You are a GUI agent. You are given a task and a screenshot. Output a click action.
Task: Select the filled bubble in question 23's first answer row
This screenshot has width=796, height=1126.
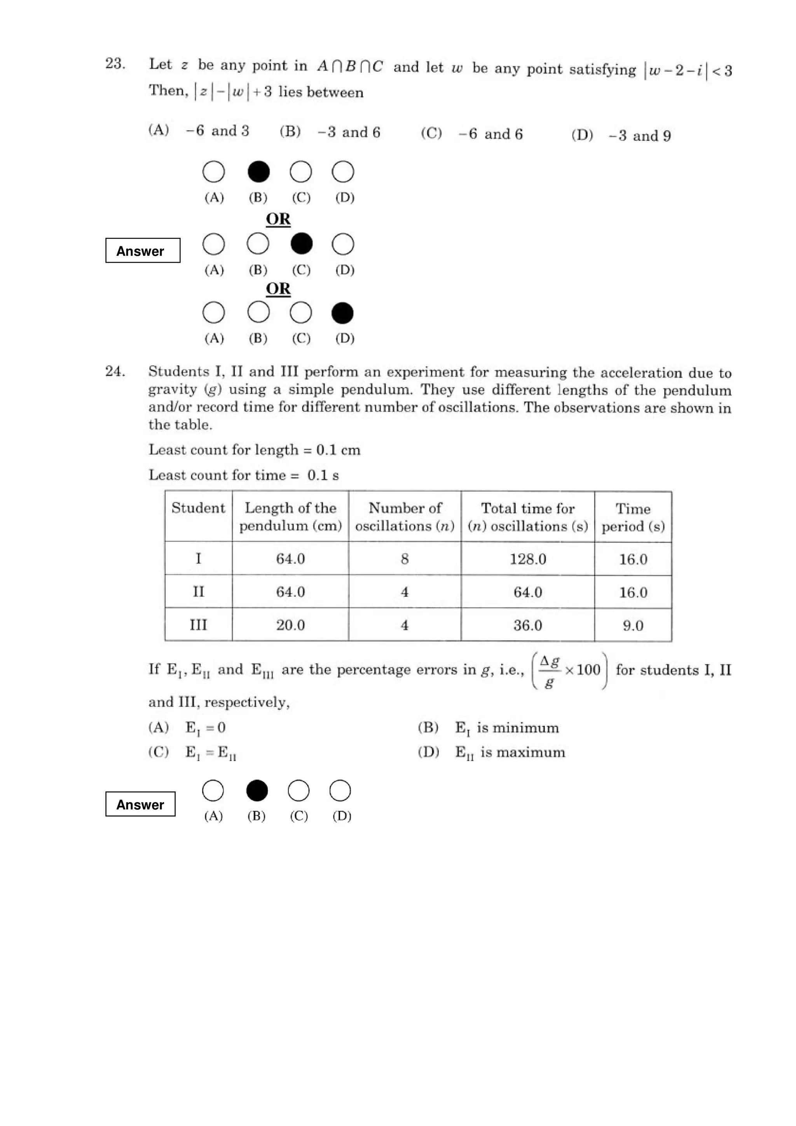pos(258,172)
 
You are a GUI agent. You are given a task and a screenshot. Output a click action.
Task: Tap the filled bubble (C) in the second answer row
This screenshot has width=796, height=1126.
pos(301,244)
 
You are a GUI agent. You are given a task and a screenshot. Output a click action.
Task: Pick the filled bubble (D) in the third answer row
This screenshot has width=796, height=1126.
pos(342,313)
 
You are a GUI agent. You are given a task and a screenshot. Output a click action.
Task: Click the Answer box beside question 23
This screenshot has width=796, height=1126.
pos(143,251)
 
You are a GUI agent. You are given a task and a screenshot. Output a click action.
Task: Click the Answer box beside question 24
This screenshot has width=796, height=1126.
pos(140,804)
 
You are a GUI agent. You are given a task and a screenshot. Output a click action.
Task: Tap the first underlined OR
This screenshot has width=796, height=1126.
pos(278,219)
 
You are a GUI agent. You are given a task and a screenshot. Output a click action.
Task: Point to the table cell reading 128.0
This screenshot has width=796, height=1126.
pos(528,559)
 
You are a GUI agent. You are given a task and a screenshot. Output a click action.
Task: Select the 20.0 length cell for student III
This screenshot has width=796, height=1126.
pos(290,625)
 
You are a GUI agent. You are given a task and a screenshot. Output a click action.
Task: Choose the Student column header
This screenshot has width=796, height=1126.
pos(198,508)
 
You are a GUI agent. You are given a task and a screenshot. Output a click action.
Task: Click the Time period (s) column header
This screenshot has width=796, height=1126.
pos(633,518)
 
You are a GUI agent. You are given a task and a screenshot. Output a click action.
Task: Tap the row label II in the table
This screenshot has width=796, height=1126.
pos(198,592)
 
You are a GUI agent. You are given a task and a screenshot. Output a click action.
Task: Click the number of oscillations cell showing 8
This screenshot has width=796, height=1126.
pos(405,559)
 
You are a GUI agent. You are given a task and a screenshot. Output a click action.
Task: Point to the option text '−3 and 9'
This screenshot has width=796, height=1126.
pos(639,136)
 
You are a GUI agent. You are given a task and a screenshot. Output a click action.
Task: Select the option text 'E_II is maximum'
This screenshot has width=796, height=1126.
pos(510,753)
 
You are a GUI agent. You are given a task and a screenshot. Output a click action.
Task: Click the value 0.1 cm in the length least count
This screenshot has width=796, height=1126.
pos(338,450)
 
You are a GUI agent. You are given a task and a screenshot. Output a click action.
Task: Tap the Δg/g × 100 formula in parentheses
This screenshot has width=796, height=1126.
pos(569,670)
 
